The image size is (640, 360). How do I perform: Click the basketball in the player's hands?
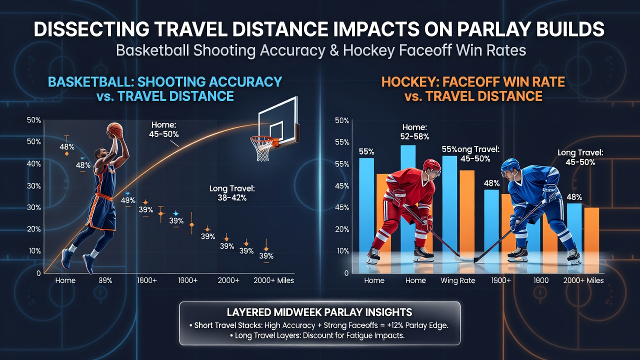(x=114, y=130)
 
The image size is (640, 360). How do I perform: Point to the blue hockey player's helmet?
(x=510, y=165)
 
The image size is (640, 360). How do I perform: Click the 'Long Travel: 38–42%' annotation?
(x=232, y=193)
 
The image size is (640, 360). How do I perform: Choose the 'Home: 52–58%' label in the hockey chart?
(x=414, y=132)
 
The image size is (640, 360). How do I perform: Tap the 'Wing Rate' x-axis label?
(x=457, y=280)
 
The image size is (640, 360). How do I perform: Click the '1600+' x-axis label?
(x=147, y=280)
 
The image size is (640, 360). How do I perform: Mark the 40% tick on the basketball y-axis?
(x=33, y=164)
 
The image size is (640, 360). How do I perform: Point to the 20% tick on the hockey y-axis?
(x=342, y=229)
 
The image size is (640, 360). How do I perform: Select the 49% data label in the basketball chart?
(x=127, y=200)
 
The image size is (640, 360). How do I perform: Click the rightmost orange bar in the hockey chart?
(x=591, y=240)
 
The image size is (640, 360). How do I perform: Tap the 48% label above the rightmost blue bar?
(x=574, y=197)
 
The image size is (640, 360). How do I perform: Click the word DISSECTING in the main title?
(x=91, y=29)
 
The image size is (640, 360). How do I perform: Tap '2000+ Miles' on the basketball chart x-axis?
(x=273, y=280)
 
